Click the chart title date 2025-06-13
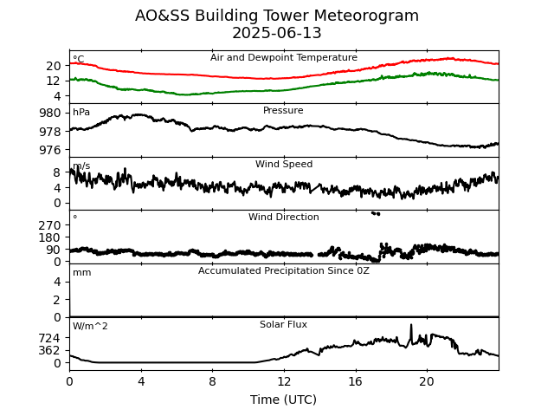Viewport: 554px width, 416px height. point(277,34)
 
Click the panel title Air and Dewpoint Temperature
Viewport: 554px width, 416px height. point(283,58)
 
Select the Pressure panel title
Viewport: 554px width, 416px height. point(283,111)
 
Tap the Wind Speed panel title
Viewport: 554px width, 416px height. point(283,165)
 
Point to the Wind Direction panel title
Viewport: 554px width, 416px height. point(283,218)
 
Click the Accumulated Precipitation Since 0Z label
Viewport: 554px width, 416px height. point(283,271)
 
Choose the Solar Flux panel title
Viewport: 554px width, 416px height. point(283,325)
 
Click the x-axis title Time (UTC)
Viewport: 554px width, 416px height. point(283,400)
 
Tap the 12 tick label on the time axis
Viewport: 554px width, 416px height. point(284,381)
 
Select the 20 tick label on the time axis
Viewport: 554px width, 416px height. point(427,381)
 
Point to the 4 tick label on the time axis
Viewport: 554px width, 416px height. point(141,381)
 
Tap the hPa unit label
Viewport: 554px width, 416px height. point(81,113)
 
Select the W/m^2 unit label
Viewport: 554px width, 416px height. point(90,327)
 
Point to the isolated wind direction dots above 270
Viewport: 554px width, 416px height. point(376,213)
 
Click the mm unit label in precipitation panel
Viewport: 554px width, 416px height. point(81,273)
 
